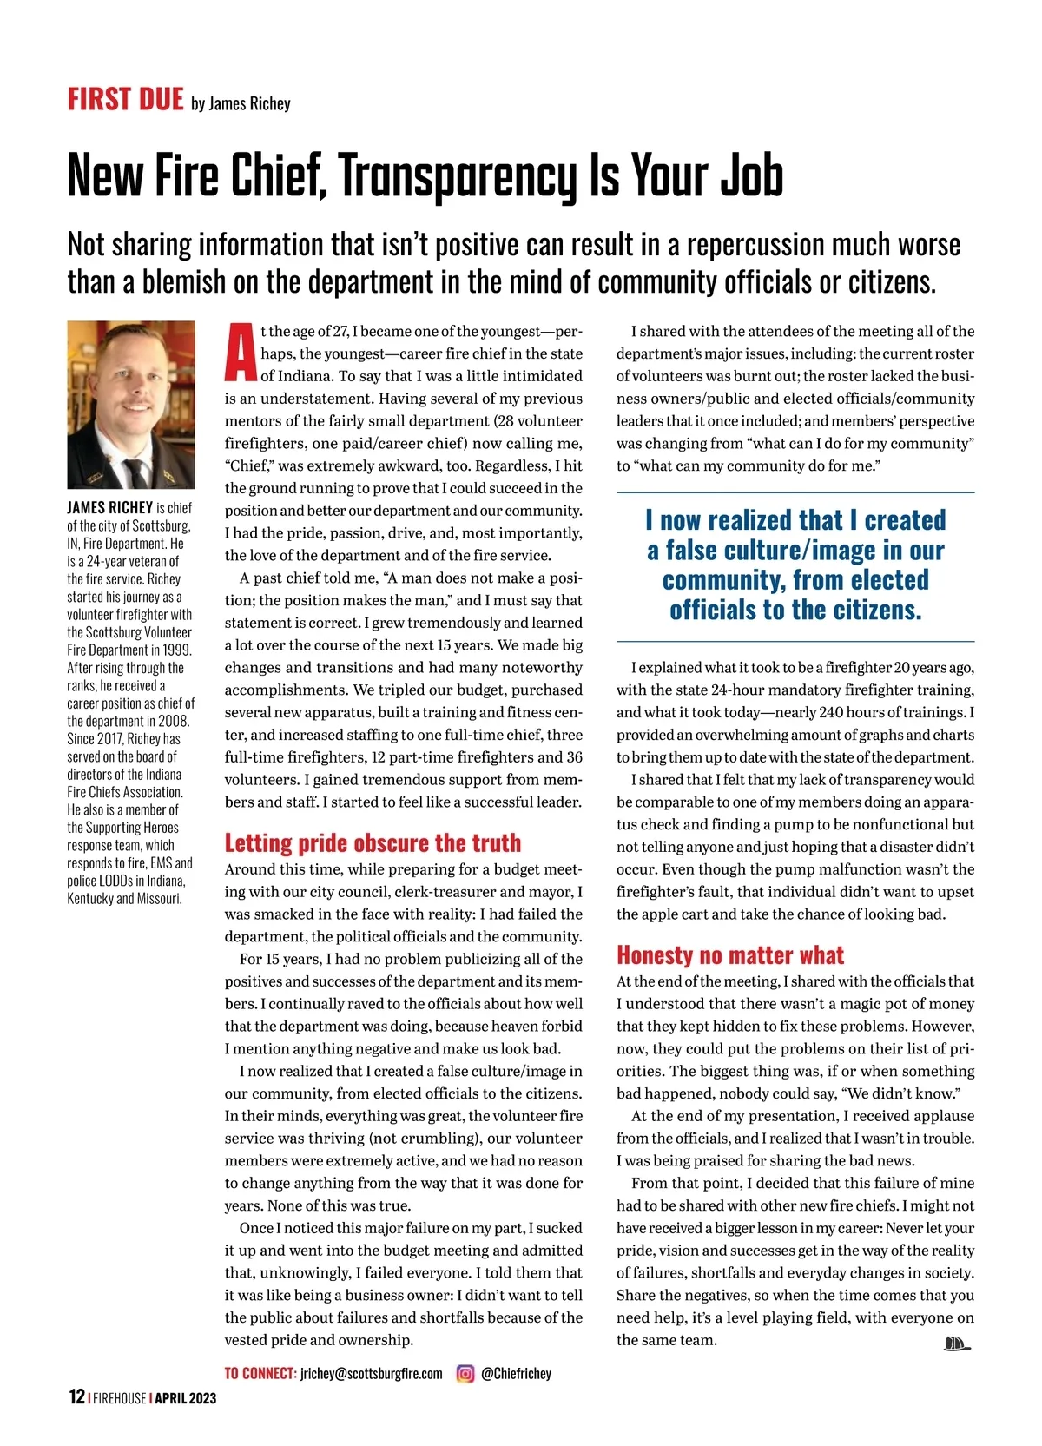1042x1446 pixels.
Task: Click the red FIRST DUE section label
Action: (125, 99)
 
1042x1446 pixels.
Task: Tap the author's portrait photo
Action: (131, 405)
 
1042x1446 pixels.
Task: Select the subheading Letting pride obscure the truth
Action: (373, 842)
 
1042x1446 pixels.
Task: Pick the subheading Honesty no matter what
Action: (729, 955)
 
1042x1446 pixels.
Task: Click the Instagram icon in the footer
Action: (465, 1373)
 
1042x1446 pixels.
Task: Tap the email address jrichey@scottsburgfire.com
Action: (371, 1374)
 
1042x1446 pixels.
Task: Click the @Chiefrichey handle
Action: (516, 1374)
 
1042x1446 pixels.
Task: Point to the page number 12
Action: (76, 1397)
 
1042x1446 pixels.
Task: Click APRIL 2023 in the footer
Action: (186, 1398)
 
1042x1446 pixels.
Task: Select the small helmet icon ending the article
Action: (956, 1344)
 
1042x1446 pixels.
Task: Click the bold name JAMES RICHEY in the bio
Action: (109, 508)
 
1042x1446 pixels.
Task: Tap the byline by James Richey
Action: (241, 103)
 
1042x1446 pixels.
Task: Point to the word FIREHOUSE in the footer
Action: (120, 1398)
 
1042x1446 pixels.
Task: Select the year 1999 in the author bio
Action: (175, 650)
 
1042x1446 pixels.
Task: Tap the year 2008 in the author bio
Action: (174, 721)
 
